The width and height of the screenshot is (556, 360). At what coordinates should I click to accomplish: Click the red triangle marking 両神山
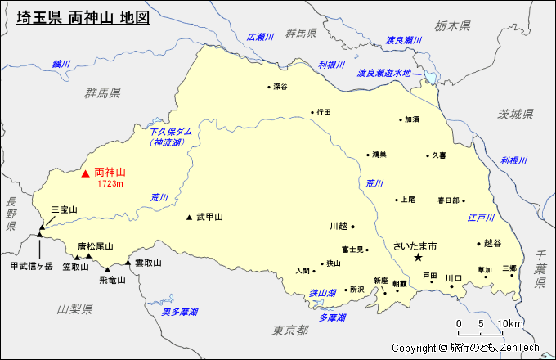[85, 173]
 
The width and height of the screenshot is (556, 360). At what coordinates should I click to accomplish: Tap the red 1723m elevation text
[110, 184]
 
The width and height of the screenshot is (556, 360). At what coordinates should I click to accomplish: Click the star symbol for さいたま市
[418, 258]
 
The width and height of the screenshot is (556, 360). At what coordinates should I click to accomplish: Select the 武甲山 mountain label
[209, 217]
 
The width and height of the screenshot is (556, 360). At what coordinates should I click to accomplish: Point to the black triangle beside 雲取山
[128, 263]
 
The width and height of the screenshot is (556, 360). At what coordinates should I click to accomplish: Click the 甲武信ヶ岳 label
[31, 266]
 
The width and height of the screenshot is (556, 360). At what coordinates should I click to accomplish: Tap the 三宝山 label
[64, 210]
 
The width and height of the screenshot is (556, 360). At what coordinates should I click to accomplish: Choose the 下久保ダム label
[171, 131]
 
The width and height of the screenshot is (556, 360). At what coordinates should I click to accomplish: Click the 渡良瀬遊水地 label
[388, 73]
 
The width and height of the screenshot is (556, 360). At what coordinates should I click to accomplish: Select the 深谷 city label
[280, 87]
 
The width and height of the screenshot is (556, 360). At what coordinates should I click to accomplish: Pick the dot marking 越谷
[479, 243]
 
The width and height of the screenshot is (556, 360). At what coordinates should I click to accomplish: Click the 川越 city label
[339, 226]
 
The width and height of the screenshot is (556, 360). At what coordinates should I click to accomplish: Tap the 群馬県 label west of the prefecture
[102, 92]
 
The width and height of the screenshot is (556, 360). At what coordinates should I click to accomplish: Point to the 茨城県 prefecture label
[516, 114]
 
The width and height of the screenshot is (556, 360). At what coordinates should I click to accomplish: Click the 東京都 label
[290, 330]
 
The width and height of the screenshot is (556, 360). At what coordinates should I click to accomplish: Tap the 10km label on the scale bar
[511, 324]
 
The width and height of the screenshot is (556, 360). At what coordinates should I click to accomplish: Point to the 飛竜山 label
[113, 280]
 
